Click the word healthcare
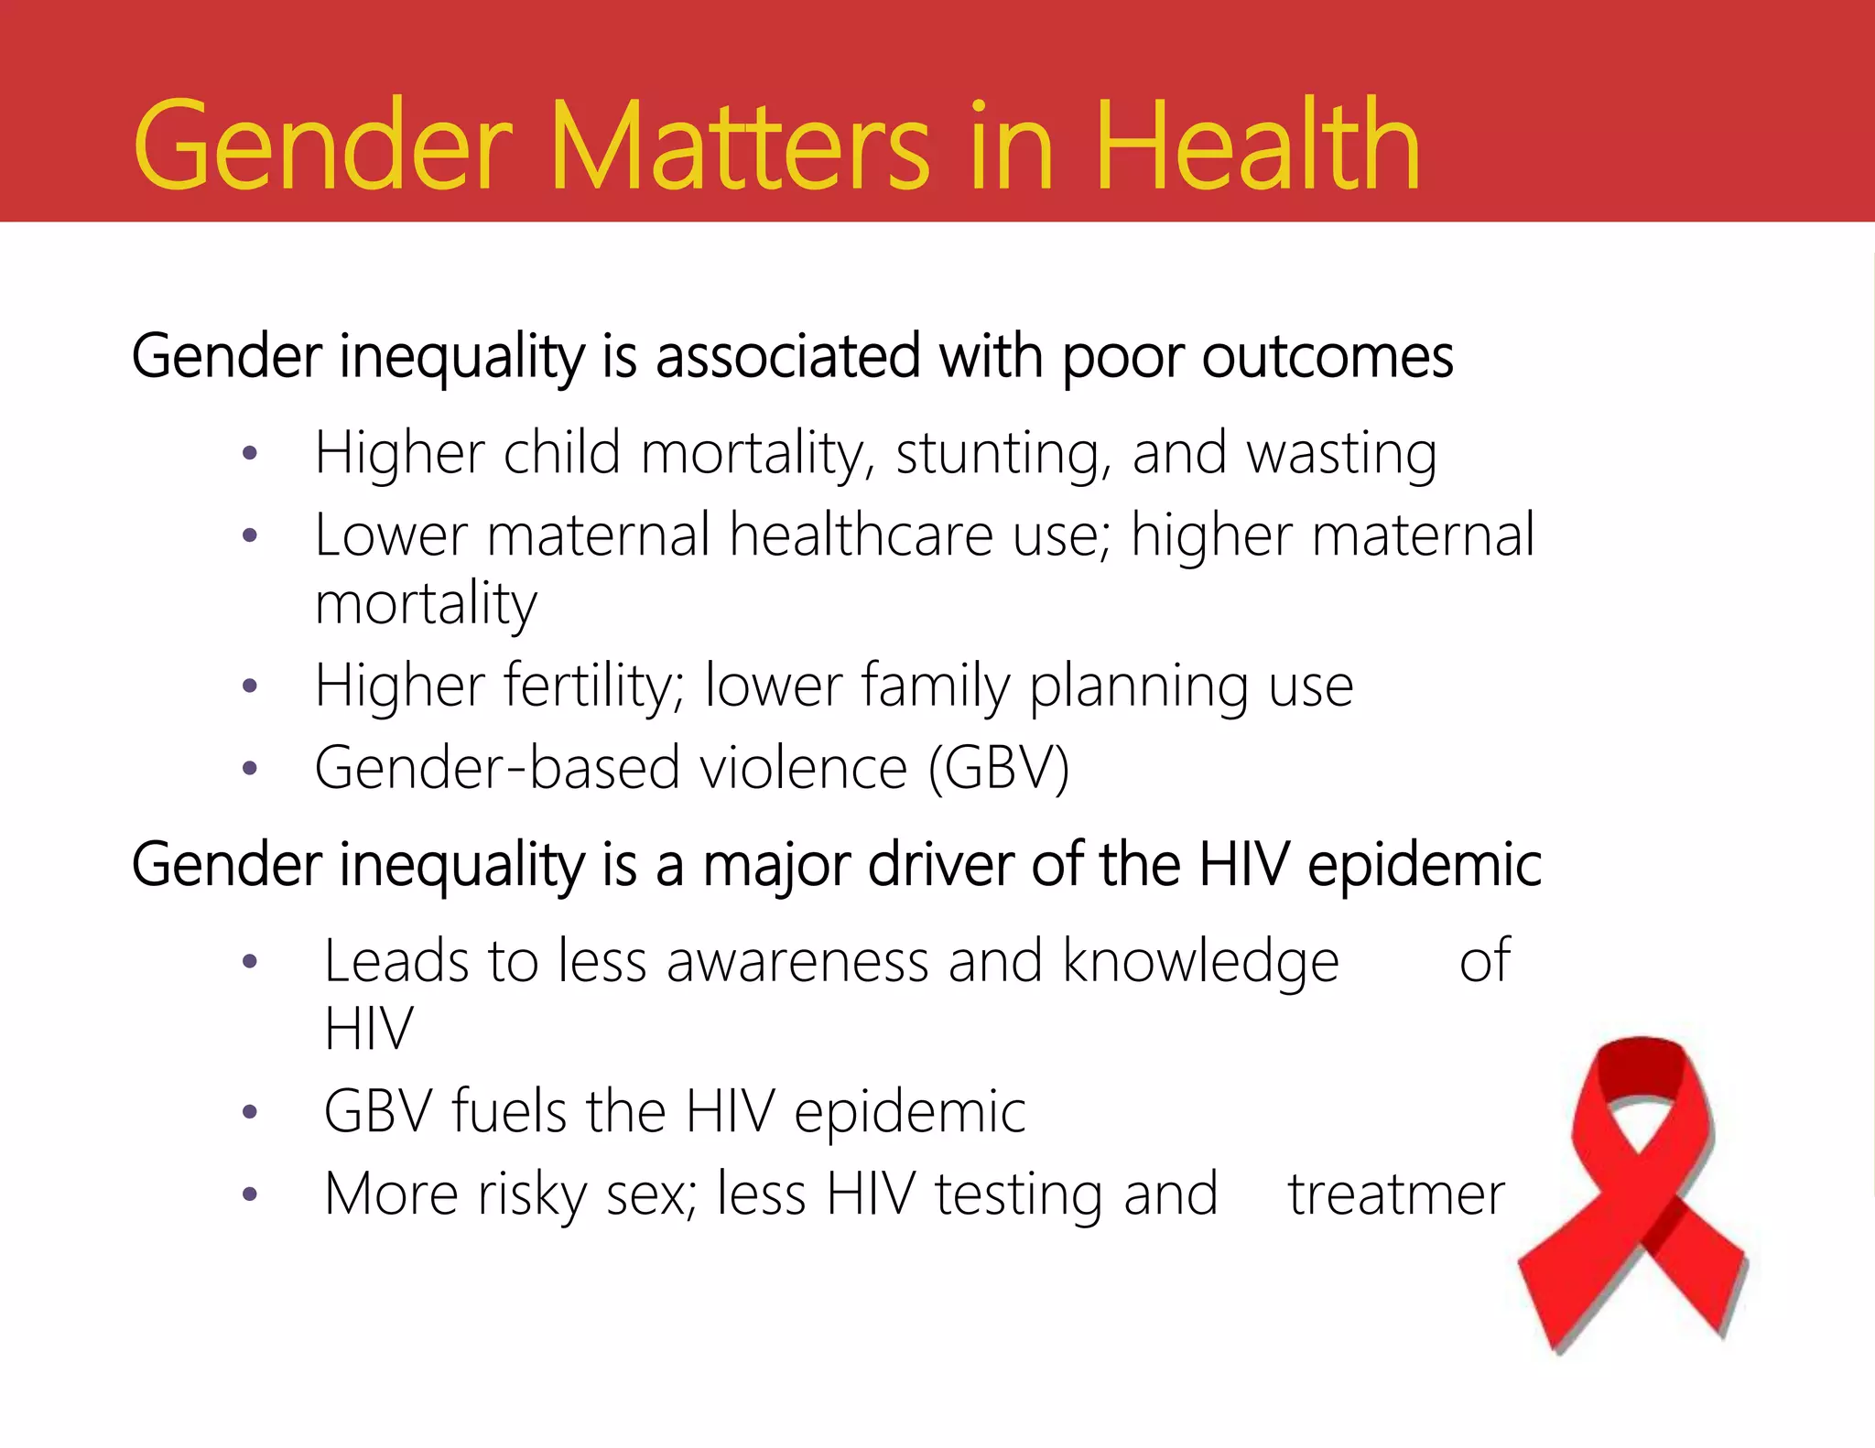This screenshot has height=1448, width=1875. pyautogui.click(x=861, y=535)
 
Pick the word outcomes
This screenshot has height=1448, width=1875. pyautogui.click(x=1327, y=357)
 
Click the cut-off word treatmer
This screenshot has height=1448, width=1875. pyautogui.click(x=1396, y=1194)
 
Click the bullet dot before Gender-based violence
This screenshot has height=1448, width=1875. pyautogui.click(x=250, y=769)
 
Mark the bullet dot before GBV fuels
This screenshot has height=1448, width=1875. pyautogui.click(x=250, y=1113)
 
